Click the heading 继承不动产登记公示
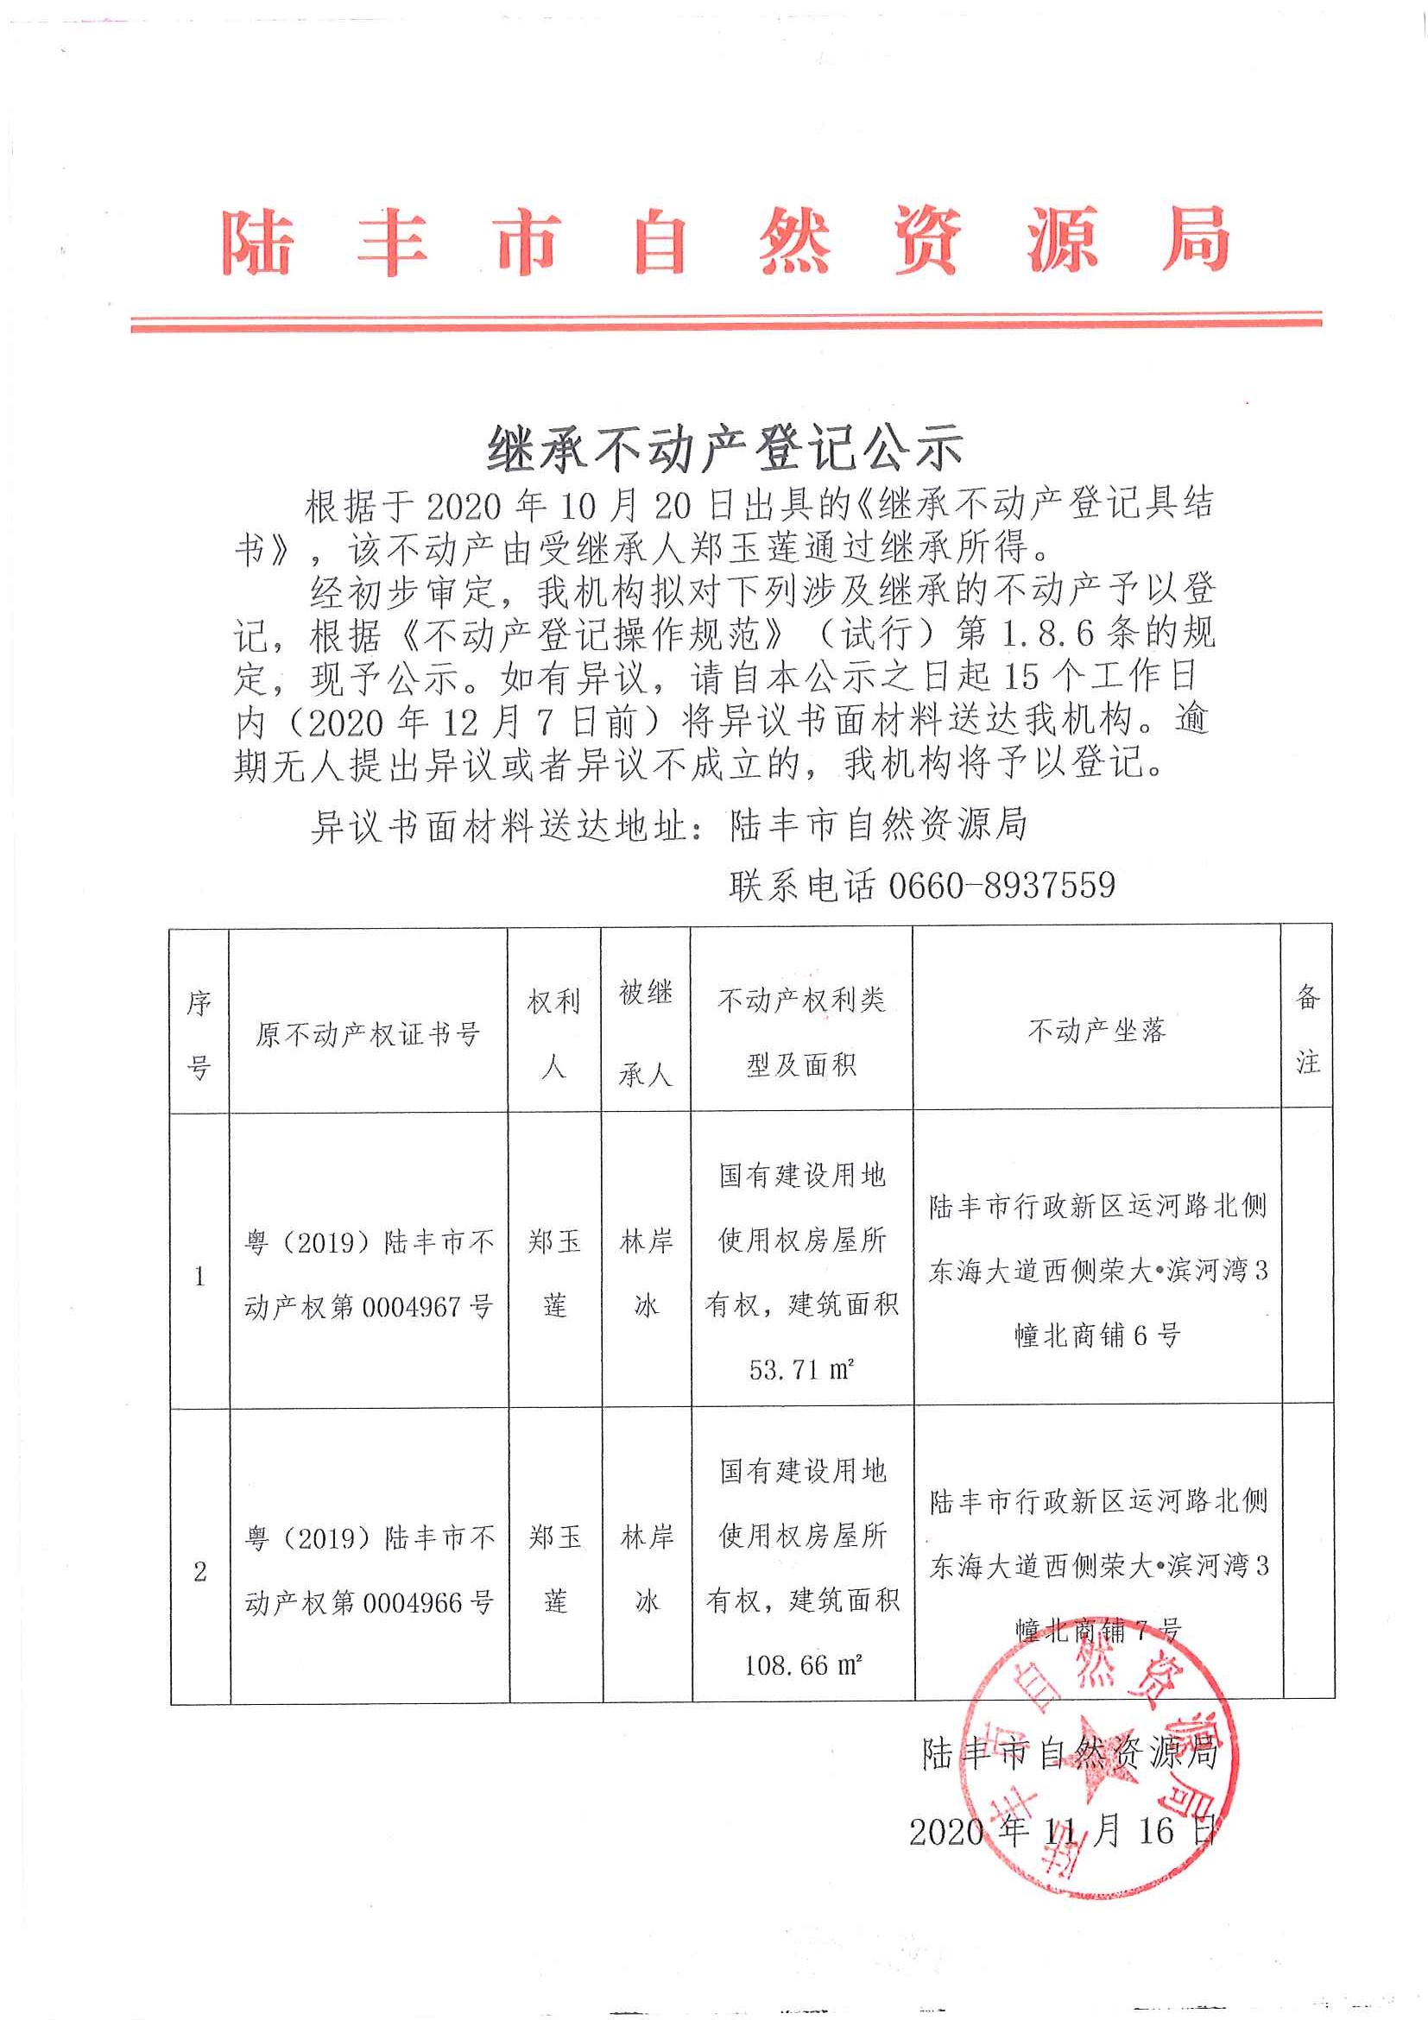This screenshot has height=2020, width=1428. [725, 448]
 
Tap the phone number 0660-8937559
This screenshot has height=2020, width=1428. [1001, 884]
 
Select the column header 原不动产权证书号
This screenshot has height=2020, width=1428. [368, 1034]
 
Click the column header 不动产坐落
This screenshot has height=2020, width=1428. [1096, 1030]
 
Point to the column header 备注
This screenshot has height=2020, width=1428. [1307, 1029]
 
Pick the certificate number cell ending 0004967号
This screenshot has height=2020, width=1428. [368, 1274]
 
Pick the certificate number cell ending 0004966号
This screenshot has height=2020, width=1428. [368, 1569]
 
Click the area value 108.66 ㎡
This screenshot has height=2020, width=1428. [800, 1664]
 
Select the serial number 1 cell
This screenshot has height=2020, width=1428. [199, 1276]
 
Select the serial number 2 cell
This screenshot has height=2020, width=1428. [199, 1571]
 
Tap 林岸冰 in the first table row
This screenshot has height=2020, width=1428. [646, 1273]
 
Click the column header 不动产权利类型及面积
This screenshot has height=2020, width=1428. [800, 1032]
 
